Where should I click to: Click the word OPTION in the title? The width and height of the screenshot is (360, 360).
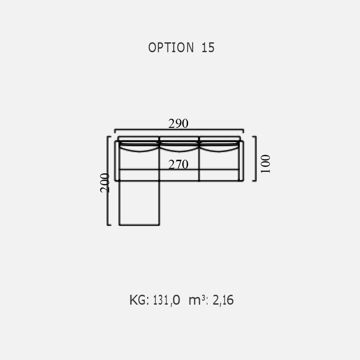click(x=171, y=48)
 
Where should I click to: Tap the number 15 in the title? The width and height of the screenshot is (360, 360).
click(x=208, y=48)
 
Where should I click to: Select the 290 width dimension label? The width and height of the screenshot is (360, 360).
click(x=178, y=123)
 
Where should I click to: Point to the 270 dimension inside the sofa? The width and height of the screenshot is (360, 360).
click(x=178, y=164)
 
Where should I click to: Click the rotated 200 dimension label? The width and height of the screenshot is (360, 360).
click(x=105, y=183)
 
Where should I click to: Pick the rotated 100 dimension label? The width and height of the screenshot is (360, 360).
click(x=265, y=164)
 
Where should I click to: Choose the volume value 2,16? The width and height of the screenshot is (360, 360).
click(x=223, y=300)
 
